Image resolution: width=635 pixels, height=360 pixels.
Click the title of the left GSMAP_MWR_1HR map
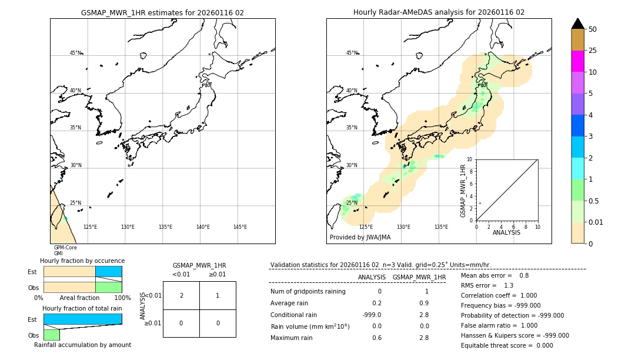tap(162, 12)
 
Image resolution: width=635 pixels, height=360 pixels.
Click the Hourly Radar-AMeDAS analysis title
tap(439, 12)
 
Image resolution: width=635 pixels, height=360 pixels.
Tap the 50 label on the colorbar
tap(593, 29)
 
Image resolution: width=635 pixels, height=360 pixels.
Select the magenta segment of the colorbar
tap(577, 61)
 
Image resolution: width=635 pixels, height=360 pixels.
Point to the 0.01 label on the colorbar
tap(596, 222)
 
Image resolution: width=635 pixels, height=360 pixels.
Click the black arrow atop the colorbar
tap(577, 24)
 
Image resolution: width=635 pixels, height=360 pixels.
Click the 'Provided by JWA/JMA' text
tap(360, 237)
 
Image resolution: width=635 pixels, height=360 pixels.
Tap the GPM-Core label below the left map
tap(65, 248)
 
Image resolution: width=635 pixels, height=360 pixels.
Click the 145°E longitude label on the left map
tap(240, 227)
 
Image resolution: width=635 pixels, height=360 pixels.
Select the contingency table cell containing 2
tap(181, 295)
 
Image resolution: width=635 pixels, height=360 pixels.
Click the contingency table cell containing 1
tap(218, 295)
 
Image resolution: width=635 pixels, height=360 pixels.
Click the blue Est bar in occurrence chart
tap(108, 272)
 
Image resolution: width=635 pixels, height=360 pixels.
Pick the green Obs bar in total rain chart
tap(51, 334)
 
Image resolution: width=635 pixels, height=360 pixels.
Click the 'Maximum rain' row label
tap(291, 338)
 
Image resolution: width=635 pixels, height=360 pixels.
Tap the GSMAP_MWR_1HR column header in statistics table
tap(419, 277)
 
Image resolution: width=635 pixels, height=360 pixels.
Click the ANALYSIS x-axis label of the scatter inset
tap(506, 232)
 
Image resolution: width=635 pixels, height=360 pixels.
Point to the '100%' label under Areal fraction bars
tap(122, 298)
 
